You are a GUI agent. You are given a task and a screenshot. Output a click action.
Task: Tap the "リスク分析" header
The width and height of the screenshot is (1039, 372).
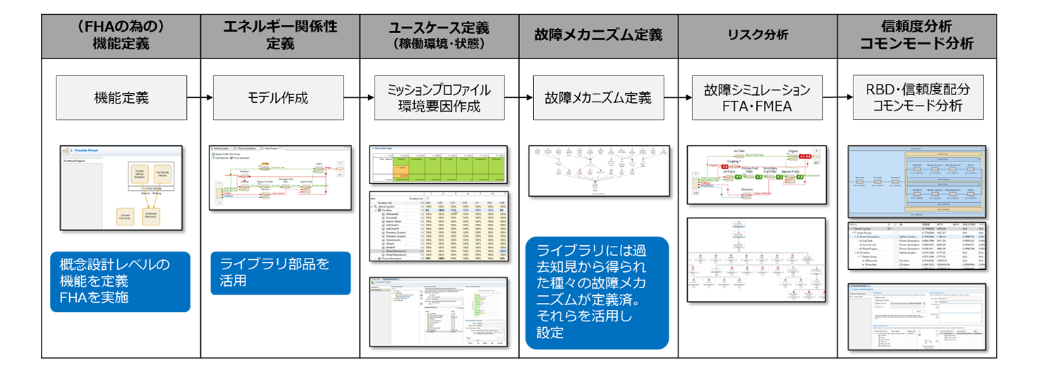point(758,35)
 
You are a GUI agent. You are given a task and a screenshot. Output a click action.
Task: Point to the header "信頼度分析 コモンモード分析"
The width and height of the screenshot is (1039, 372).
point(917,35)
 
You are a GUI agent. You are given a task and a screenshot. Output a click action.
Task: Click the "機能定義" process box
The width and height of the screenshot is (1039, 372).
point(121,97)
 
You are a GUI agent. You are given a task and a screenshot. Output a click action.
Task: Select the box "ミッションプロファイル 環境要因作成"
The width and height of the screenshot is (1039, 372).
point(439,97)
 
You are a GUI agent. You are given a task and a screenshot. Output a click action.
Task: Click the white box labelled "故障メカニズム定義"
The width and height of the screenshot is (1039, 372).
point(597,97)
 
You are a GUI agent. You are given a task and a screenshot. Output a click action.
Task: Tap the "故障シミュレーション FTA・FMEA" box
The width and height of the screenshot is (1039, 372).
point(757,97)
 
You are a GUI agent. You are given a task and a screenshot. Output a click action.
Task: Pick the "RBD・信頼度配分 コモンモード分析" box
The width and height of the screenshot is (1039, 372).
point(917,97)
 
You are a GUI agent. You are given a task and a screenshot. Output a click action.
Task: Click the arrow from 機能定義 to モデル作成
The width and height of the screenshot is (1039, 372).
point(202,97)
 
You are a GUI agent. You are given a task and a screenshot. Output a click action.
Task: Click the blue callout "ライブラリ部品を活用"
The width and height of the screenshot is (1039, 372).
point(280,273)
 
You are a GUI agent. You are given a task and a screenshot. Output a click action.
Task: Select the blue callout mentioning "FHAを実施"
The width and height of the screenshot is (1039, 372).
point(121,282)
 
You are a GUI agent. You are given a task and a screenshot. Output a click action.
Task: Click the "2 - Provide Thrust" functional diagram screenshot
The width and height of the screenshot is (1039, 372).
point(121,185)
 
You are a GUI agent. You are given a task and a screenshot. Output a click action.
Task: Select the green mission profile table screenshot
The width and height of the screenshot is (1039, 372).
point(438,164)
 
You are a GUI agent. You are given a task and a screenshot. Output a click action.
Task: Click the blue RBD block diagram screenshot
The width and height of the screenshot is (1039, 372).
point(915,182)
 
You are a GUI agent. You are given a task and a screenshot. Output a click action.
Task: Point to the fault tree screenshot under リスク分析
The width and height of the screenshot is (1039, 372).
point(757,259)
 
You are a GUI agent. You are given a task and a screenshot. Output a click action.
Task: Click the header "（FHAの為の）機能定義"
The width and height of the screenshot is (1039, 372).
point(121,35)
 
